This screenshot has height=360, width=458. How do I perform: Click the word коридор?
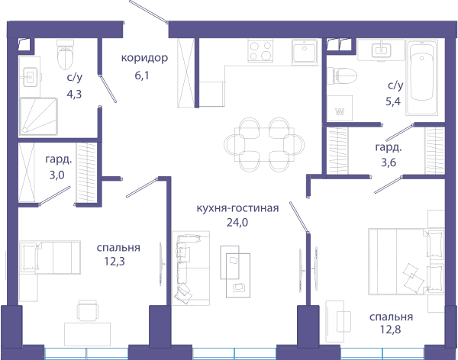[144, 58]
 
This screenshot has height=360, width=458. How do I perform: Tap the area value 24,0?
[237, 223]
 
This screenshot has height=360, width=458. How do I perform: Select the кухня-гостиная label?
[237, 208]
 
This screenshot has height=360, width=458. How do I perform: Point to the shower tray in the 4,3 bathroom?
[38, 116]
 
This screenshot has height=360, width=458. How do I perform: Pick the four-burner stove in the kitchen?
[261, 50]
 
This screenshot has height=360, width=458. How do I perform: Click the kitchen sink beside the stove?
[305, 52]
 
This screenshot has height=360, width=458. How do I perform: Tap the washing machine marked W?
[340, 108]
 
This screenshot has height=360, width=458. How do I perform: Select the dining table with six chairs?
[264, 144]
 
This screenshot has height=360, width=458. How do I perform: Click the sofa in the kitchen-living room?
[191, 268]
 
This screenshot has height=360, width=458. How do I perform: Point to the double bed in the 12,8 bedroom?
[406, 262]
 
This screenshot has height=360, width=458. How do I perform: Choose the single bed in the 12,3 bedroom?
[50, 257]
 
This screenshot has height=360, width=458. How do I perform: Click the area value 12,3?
[114, 262]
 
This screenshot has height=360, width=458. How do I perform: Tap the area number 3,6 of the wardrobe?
[389, 162]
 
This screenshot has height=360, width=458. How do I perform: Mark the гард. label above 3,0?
[59, 159]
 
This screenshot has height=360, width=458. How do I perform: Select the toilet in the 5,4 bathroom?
[342, 76]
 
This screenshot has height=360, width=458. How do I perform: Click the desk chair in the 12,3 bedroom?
[88, 310]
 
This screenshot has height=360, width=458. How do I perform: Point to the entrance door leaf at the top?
[148, 11]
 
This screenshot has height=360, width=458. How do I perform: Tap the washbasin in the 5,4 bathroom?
[382, 50]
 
